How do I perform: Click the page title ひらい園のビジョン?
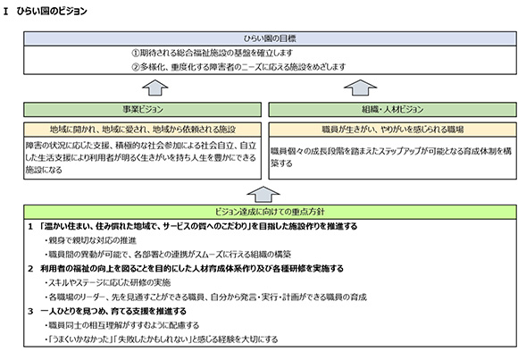pos(46,12)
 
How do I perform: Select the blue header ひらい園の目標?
pos(270,38)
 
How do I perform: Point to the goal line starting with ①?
pos(212,53)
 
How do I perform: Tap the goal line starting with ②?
pos(238,67)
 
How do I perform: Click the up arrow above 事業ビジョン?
pos(155,88)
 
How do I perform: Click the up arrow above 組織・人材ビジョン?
pos(360,88)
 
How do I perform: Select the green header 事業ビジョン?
pos(142,109)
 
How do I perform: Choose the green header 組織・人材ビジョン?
pos(392,109)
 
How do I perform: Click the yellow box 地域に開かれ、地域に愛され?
pos(142,130)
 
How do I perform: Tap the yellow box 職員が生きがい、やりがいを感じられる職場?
pos(392,130)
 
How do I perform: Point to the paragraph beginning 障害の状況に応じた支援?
pos(141,158)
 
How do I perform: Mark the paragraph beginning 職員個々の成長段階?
pos(391,157)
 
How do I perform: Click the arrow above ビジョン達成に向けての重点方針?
pos(263,195)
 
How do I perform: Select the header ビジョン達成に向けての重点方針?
pos(270,212)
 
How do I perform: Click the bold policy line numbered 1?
pos(193,226)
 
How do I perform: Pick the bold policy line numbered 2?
pos(186,268)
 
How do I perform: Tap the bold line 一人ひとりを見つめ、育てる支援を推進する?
pos(107,311)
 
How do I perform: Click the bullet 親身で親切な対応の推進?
pos(90,240)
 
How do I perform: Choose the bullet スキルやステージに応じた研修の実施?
pos(108,282)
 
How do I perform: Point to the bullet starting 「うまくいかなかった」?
pos(162,339)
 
